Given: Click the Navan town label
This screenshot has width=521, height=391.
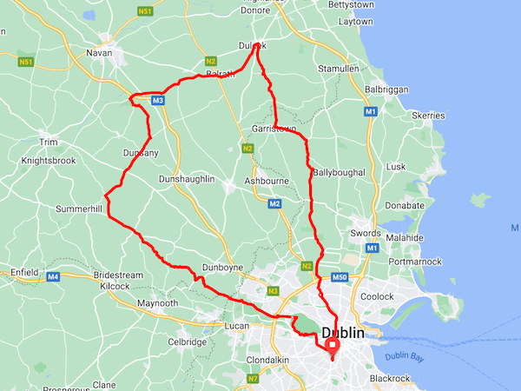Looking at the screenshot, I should coord(101,53).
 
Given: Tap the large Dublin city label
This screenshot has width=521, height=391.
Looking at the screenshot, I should coord(349,333).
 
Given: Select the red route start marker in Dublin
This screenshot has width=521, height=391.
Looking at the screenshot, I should coord(333,347).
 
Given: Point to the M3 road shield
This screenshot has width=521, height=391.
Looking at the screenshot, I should coord(157,101).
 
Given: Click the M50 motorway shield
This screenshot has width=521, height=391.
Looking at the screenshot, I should coord(340,277).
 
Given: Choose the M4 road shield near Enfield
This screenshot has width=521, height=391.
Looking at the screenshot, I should coord(53,276).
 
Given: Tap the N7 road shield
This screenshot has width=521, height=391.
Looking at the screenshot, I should coord(253,379).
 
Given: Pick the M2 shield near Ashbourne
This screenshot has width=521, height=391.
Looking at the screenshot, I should coord(274,204).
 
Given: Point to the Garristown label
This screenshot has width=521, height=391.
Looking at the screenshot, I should coord(274,129).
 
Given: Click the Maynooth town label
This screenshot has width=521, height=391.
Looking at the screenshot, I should coord(157,303).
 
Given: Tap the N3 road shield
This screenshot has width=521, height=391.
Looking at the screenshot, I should coord(273,291).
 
